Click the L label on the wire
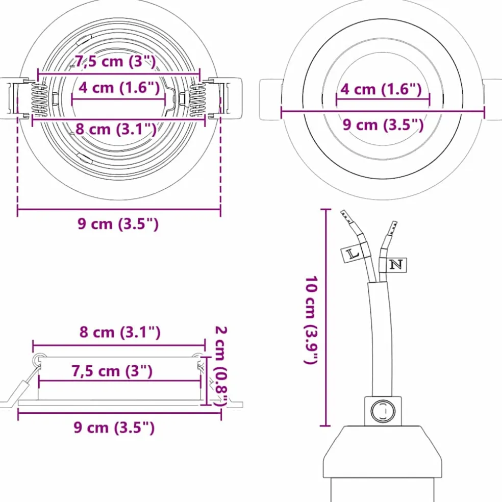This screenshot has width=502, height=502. click(352, 255)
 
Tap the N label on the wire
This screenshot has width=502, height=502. click(396, 265)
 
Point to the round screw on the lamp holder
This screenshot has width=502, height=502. click(383, 411)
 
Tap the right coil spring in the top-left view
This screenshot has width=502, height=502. click(197, 98)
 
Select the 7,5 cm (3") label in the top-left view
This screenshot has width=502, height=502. click(115, 61)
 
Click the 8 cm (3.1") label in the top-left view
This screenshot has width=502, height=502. click(116, 129)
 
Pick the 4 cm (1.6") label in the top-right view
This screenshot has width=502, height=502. click(381, 89)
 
